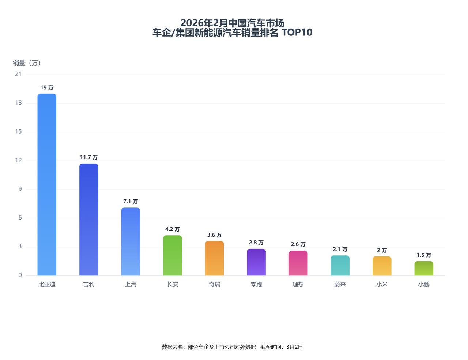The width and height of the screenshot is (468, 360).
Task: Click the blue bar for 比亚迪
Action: pyautogui.click(x=47, y=185)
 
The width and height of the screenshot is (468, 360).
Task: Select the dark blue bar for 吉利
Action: pyautogui.click(x=89, y=220)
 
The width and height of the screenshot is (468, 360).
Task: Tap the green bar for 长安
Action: pyautogui.click(x=173, y=255)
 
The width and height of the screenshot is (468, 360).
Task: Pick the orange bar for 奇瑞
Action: pyautogui.click(x=214, y=258)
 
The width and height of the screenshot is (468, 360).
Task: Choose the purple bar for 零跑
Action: pyautogui.click(x=256, y=262)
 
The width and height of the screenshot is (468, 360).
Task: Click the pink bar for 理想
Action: pyautogui.click(x=298, y=263)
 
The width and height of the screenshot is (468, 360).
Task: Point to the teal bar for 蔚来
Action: pyautogui.click(x=340, y=266)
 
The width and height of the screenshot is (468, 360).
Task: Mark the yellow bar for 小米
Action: pyautogui.click(x=382, y=266)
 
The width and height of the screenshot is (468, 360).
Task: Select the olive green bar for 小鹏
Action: pyautogui.click(x=424, y=269)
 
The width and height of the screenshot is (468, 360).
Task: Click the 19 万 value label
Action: pyautogui.click(x=47, y=88)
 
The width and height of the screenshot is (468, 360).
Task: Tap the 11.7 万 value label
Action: pyautogui.click(x=89, y=157)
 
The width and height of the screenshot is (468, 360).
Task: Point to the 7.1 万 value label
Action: pyautogui.click(x=131, y=202)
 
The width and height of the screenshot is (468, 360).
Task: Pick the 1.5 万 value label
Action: pyautogui.click(x=424, y=255)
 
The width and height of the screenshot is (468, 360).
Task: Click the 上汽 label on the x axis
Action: pyautogui.click(x=131, y=284)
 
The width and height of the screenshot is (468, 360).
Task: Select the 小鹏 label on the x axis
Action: pyautogui.click(x=424, y=284)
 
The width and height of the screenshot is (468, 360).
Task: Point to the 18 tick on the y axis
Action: pyautogui.click(x=18, y=103)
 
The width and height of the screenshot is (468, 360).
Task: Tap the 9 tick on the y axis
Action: pyautogui.click(x=20, y=189)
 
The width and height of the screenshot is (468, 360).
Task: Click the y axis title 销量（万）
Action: pyautogui.click(x=27, y=63)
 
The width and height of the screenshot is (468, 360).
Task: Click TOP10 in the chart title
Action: pyautogui.click(x=297, y=33)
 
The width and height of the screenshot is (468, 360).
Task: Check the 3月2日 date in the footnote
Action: pyautogui.click(x=295, y=347)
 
